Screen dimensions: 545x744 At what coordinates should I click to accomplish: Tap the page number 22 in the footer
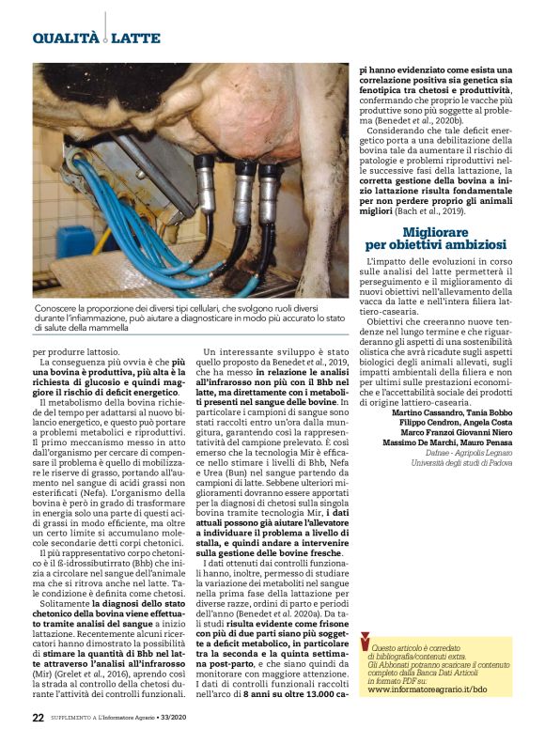pos(39,717)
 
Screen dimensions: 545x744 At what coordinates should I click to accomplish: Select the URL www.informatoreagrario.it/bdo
pos(428,689)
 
